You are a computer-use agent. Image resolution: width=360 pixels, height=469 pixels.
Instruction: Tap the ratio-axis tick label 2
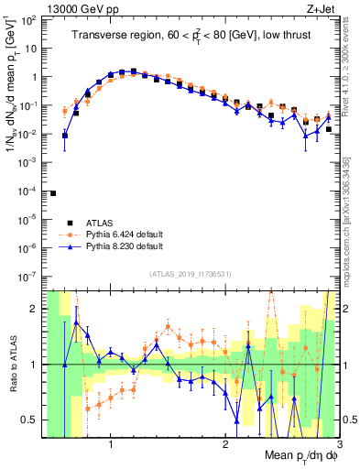click(33, 310)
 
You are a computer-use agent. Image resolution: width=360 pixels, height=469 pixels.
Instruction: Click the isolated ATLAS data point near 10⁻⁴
click(53, 193)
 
